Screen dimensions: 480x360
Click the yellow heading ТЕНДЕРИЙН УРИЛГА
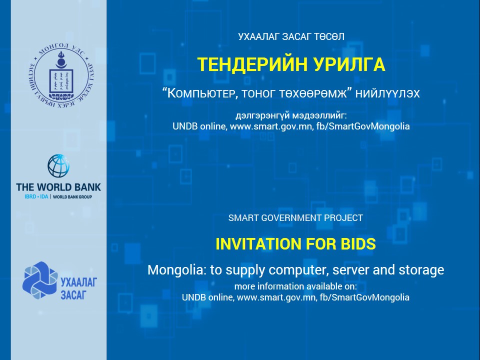291,64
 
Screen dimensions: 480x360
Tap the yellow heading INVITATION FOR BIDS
295,244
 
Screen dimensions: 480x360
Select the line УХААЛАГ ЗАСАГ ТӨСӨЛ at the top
291,36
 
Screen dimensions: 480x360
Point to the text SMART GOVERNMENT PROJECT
295,218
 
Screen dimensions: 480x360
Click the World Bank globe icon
58,166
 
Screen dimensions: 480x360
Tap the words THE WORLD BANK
58,187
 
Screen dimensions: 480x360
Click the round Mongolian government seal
61,76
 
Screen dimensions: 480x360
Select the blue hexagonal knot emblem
40,280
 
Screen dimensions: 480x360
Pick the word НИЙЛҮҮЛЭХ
387,93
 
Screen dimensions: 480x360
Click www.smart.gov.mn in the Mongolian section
270,126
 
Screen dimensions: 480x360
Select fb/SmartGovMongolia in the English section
364,297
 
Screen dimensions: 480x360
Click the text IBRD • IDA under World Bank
36,197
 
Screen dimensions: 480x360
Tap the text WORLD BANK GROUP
72,197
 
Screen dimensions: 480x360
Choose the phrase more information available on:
295,286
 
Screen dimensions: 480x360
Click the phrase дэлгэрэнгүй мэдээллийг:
291,115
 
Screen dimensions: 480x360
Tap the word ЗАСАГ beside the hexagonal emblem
73,295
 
